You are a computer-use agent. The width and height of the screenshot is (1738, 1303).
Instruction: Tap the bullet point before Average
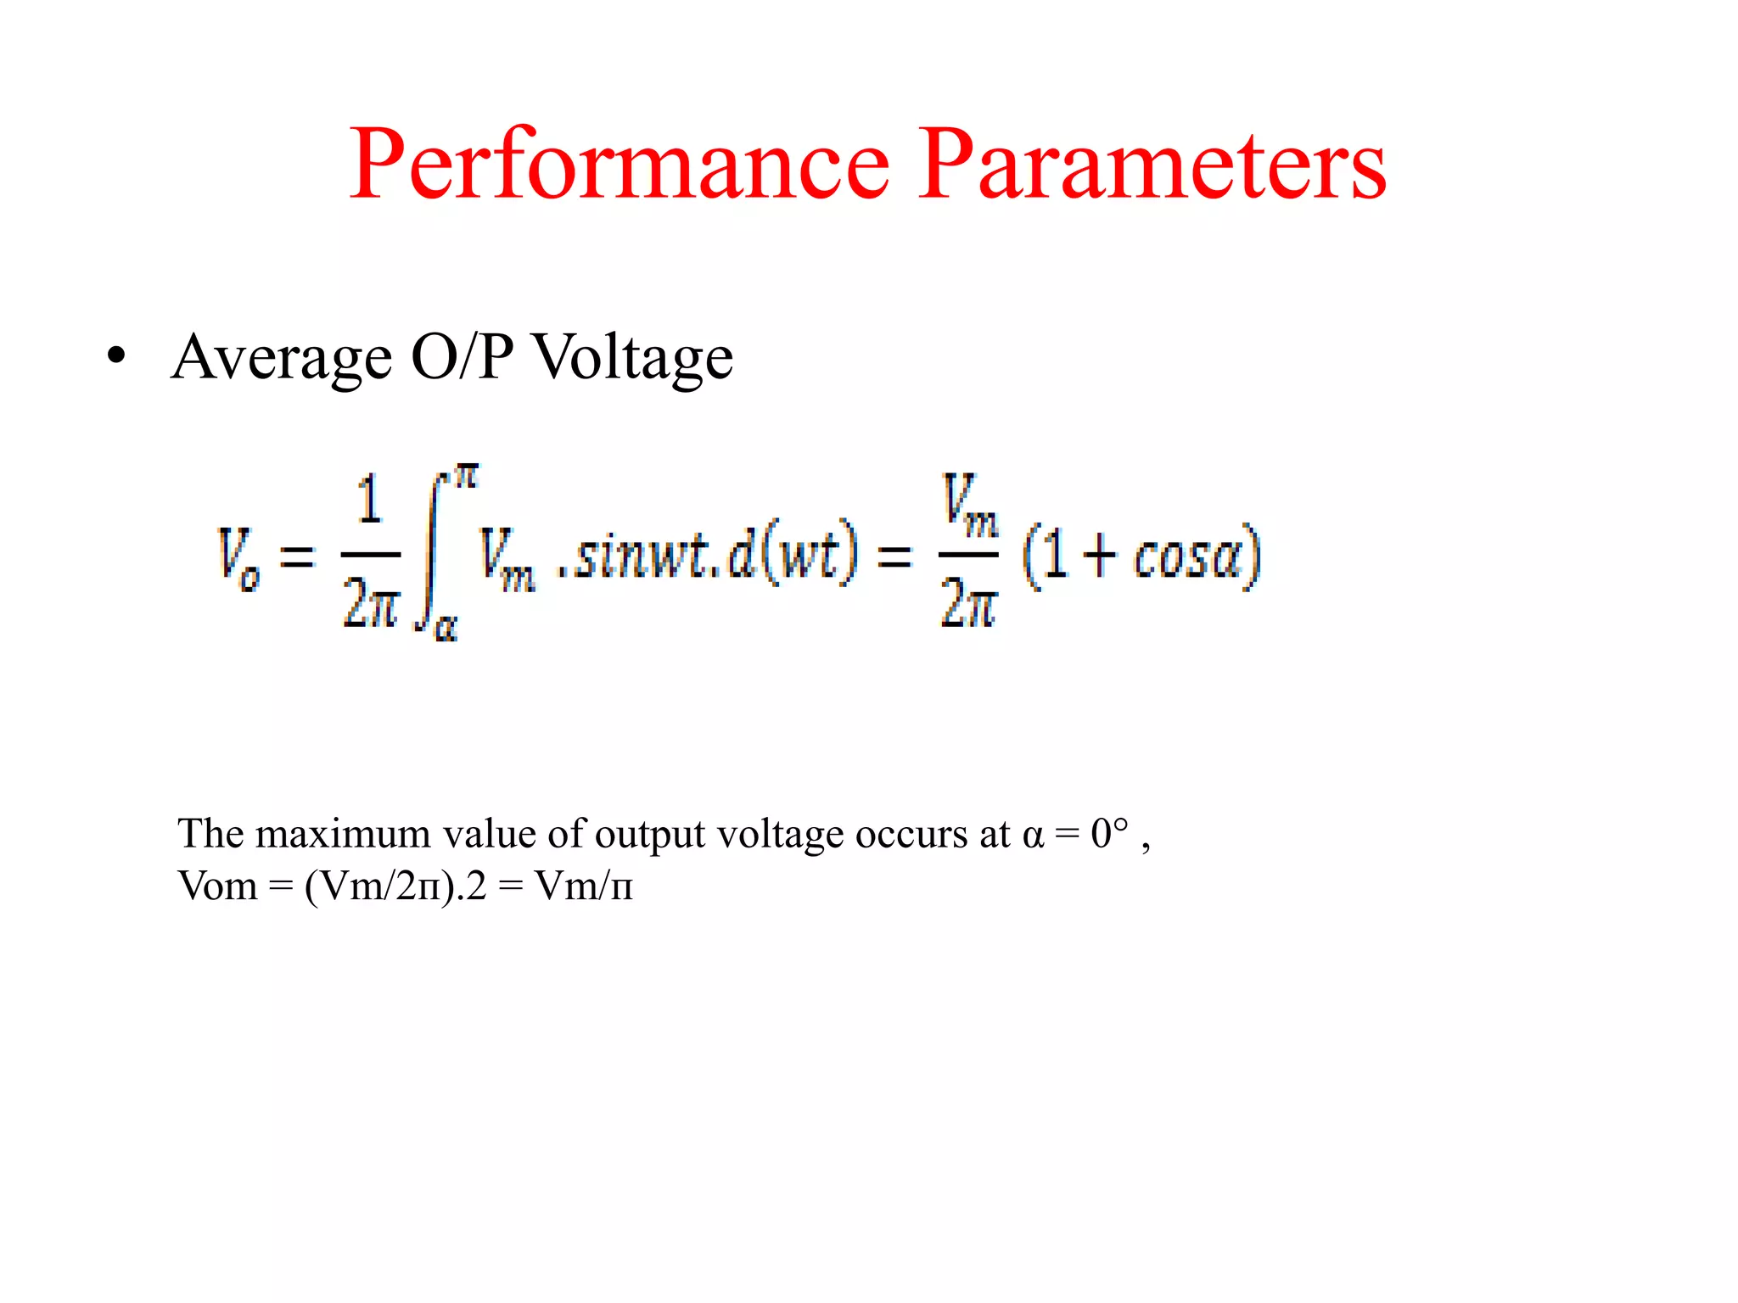[x=116, y=355]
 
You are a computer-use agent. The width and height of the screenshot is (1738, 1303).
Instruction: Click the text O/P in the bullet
[x=463, y=356]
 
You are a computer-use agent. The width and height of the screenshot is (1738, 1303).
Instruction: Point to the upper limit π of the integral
[x=466, y=476]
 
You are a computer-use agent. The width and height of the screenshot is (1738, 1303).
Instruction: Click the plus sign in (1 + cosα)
[x=1100, y=556]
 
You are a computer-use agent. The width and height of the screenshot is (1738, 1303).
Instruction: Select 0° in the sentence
[x=1110, y=833]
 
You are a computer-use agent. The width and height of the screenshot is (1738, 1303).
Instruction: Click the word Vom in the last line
[x=217, y=886]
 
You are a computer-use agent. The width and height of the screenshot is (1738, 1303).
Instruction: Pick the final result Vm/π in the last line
[x=584, y=886]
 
